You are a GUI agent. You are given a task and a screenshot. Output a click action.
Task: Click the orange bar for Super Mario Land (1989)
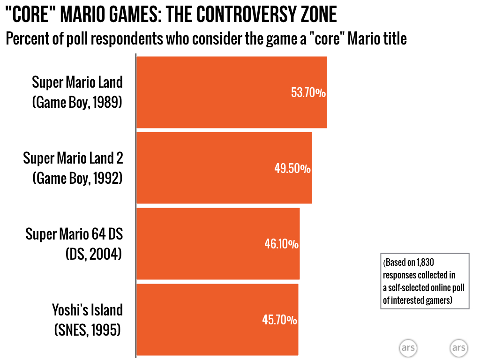[211, 92]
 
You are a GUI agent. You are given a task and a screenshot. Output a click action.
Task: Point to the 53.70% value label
[308, 93]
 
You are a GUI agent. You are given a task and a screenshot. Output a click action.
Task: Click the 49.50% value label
[292, 168]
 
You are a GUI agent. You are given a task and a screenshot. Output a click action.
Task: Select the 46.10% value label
[281, 244]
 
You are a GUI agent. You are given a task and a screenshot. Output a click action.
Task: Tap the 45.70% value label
[279, 320]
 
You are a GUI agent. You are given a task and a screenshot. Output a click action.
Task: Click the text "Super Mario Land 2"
[73, 158]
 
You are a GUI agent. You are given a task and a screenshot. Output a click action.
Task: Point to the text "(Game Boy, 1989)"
[77, 102]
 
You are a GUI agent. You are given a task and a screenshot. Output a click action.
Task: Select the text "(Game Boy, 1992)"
[77, 178]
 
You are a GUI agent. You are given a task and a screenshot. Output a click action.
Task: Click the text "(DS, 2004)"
[94, 254]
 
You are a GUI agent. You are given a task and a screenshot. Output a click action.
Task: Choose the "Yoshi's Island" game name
[87, 310]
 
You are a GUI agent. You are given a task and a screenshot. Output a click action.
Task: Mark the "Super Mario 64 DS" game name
[74, 234]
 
